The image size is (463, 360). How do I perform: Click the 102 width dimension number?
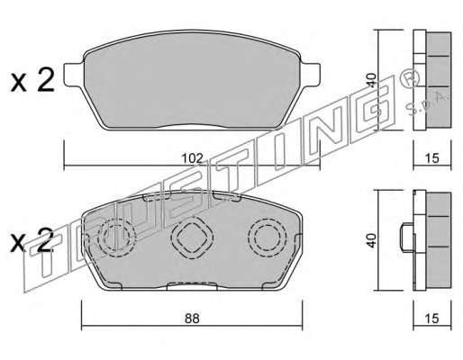[192, 158]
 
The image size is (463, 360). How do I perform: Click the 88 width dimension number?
[192, 319]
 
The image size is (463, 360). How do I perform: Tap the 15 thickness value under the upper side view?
[432, 158]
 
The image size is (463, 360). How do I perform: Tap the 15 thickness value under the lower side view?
[432, 319]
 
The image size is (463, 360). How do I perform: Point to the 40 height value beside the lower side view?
[372, 240]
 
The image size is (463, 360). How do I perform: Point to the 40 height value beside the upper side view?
[372, 80]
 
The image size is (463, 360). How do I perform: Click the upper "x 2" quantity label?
[32, 80]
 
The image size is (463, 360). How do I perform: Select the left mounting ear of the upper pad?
[74, 75]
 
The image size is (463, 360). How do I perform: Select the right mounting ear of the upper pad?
[311, 75]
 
